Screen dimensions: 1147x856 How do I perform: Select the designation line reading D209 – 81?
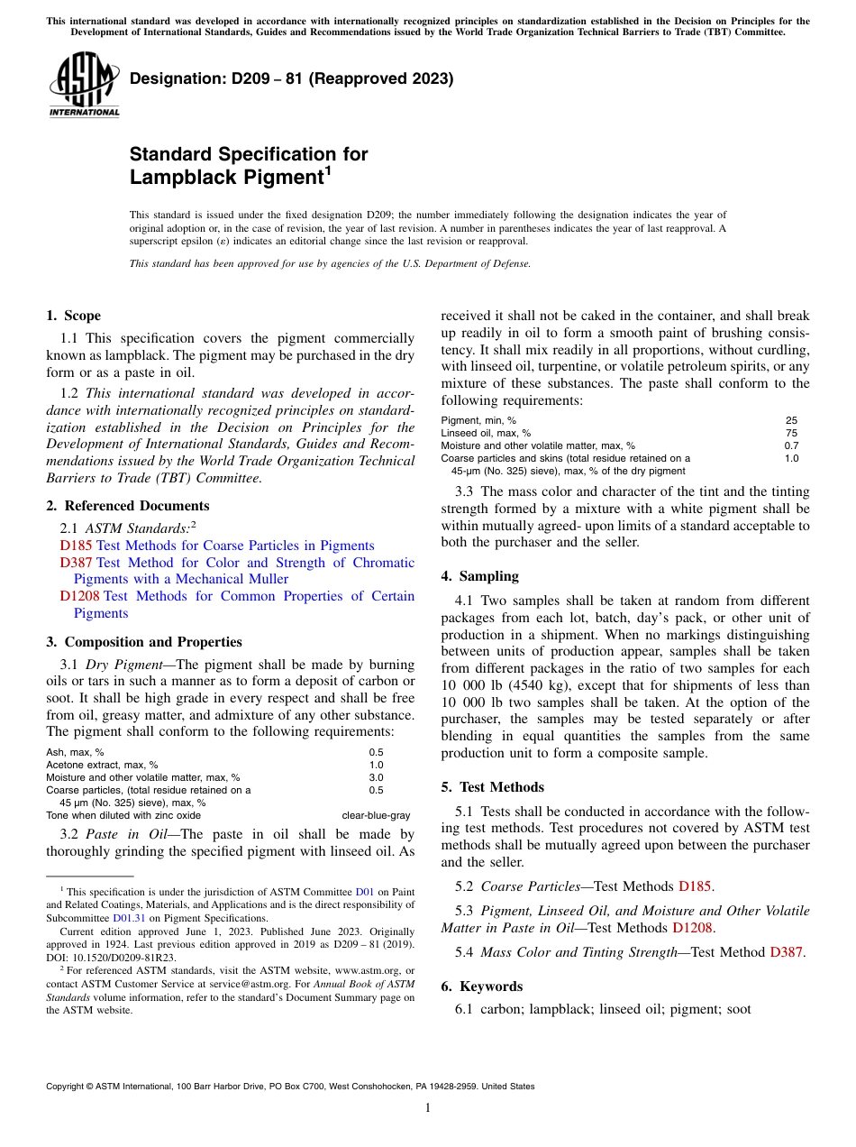coord(291,79)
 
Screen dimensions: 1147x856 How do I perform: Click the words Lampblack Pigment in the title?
coord(226,178)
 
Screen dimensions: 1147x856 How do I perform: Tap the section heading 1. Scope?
coord(73,316)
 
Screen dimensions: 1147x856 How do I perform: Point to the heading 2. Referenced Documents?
coord(127,506)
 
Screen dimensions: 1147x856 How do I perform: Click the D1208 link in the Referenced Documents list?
coord(80,596)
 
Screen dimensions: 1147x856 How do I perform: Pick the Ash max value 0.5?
coord(376,752)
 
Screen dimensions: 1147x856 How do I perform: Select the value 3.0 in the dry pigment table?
coord(376,777)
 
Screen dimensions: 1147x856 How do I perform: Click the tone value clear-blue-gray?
coord(376,815)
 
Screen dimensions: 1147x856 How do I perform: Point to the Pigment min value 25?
coord(790,420)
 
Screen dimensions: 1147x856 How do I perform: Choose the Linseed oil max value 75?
coord(790,433)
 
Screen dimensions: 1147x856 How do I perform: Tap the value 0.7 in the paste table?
coord(790,445)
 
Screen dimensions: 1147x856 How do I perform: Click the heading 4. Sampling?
coord(479,576)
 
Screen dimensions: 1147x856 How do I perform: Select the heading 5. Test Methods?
coord(492,787)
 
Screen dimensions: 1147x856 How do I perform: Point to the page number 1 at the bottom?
coord(427,1108)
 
